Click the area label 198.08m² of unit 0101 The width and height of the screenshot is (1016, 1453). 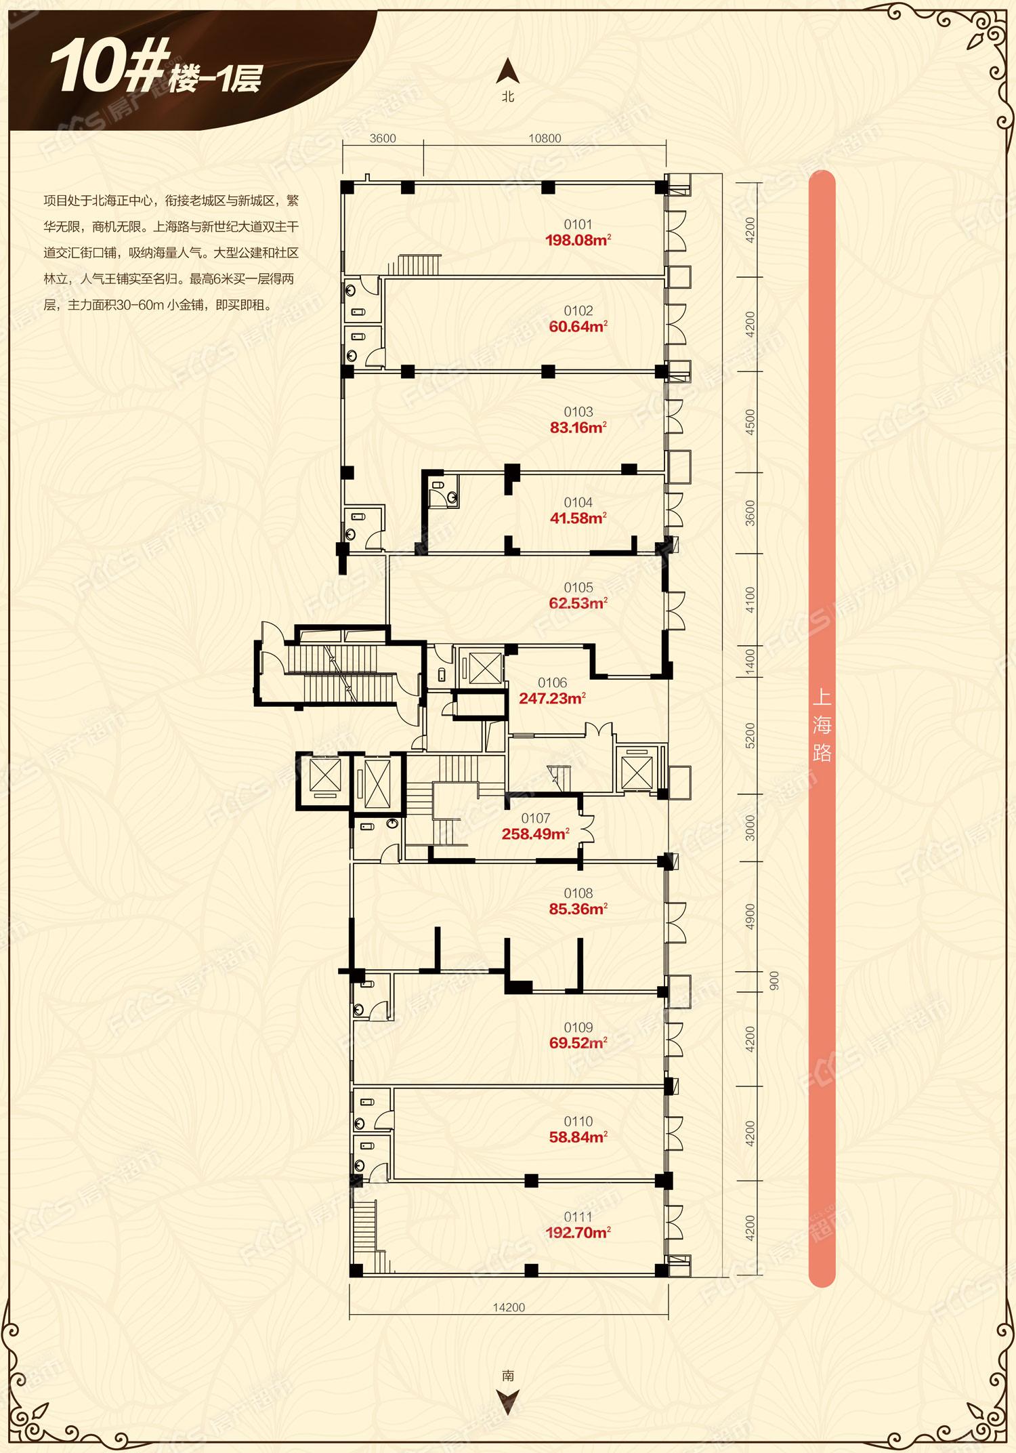point(578,240)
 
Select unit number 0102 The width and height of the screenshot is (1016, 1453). point(578,311)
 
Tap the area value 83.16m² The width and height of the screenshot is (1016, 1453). point(578,428)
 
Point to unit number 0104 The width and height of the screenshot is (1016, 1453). point(578,502)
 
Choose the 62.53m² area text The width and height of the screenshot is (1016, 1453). point(578,603)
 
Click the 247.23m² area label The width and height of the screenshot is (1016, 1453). point(553,698)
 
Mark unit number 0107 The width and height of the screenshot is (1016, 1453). point(536,819)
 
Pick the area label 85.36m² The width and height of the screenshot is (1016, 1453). point(578,909)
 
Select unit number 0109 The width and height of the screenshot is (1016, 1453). point(578,1027)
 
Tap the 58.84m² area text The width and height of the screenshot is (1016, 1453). point(578,1137)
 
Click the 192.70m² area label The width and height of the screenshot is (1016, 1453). point(578,1233)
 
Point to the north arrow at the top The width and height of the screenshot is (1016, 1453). point(508,70)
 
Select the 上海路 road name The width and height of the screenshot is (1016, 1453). point(822,726)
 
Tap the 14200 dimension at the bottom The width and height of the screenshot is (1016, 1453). point(509,1307)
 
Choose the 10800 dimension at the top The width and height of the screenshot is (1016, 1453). point(545,138)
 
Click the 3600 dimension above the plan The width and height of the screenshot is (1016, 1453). point(383,138)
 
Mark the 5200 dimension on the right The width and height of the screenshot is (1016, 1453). point(750,735)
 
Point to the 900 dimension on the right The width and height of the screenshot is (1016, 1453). point(774,981)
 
